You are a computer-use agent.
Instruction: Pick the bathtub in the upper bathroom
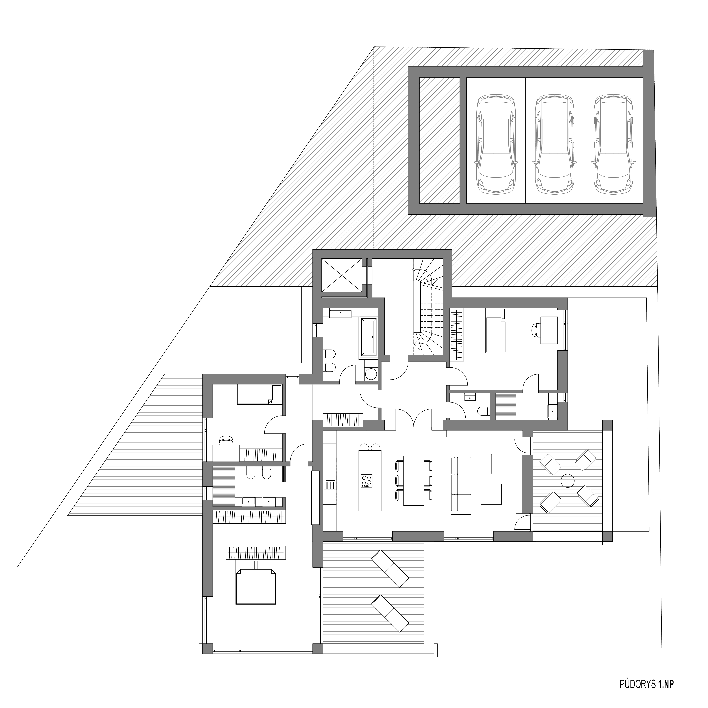click(368, 337)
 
